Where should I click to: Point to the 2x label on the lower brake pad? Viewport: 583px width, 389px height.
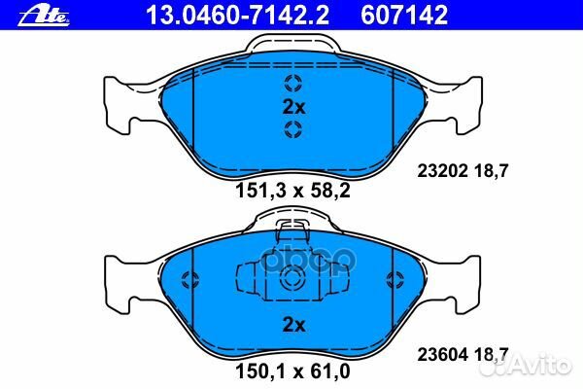tap(292, 323)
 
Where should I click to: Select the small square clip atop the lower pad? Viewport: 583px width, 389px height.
tap(292, 230)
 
